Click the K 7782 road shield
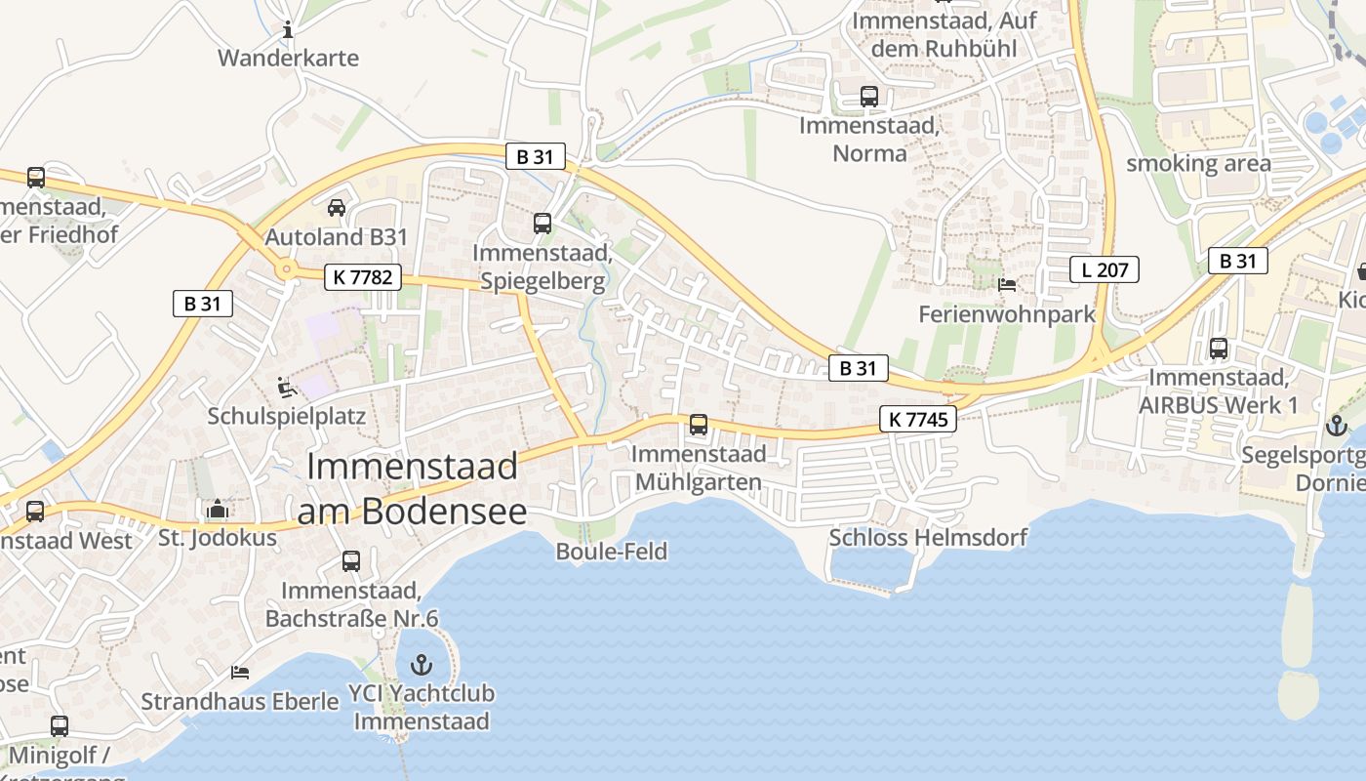click(x=362, y=277)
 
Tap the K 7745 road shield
click(x=917, y=420)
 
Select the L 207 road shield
click(x=1105, y=269)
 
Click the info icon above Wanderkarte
click(x=288, y=30)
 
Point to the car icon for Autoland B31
click(x=337, y=208)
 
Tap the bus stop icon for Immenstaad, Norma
click(x=868, y=97)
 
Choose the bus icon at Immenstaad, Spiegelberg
click(x=542, y=224)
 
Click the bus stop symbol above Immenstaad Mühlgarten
click(x=699, y=425)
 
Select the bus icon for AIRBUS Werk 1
click(x=1218, y=348)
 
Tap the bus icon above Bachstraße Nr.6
click(x=351, y=561)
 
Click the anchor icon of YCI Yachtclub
click(x=422, y=665)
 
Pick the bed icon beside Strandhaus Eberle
click(x=240, y=673)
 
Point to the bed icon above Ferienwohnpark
click(x=1007, y=285)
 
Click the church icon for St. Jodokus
click(x=218, y=509)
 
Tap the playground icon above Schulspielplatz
click(x=286, y=388)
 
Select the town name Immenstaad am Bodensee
click(x=412, y=488)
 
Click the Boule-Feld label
click(x=612, y=552)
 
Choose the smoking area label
click(x=1198, y=163)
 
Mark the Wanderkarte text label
click(x=288, y=58)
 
